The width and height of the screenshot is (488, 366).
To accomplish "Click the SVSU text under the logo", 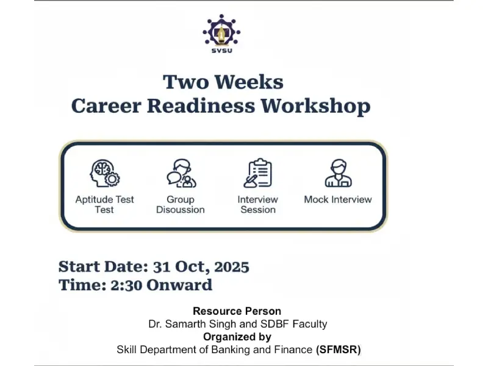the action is pyautogui.click(x=221, y=51).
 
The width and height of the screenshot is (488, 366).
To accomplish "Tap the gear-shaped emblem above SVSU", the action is pyautogui.click(x=221, y=30).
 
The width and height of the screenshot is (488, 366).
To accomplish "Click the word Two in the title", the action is pyautogui.click(x=185, y=82).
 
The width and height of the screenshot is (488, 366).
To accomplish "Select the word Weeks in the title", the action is pyautogui.click(x=249, y=82).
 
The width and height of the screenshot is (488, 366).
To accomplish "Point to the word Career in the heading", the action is pyautogui.click(x=106, y=106).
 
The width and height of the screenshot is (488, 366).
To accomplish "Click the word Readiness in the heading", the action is pyautogui.click(x=201, y=106).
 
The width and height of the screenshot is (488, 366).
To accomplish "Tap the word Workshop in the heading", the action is pyautogui.click(x=315, y=106).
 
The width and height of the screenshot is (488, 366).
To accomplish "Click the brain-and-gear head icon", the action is pyautogui.click(x=105, y=173).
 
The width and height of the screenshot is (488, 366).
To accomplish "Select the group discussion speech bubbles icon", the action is pyautogui.click(x=181, y=173).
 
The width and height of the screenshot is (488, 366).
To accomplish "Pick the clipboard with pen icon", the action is pyautogui.click(x=257, y=173).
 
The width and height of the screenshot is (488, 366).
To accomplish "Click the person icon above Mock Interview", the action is pyautogui.click(x=339, y=173).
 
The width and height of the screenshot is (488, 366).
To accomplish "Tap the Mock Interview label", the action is pyautogui.click(x=338, y=199).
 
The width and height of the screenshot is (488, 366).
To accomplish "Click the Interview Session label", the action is pyautogui.click(x=257, y=204).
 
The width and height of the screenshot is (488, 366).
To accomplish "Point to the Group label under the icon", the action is pyautogui.click(x=181, y=199).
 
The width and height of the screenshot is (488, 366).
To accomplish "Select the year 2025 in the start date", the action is pyautogui.click(x=232, y=267).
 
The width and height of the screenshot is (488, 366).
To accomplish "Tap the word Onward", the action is pyautogui.click(x=179, y=285).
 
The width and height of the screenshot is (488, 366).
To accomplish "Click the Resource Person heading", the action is pyautogui.click(x=237, y=311).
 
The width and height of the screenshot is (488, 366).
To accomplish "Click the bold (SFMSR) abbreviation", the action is pyautogui.click(x=339, y=350).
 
